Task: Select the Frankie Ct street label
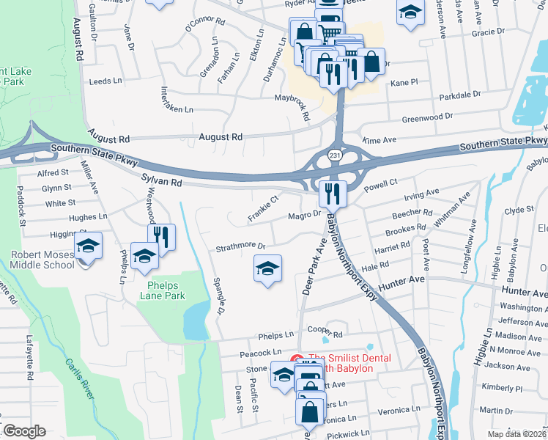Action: [264, 208]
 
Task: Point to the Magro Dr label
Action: [305, 214]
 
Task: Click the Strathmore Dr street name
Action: [240, 248]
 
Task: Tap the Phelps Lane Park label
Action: [163, 296]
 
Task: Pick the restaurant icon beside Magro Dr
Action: [333, 194]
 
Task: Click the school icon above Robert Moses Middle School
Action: [88, 245]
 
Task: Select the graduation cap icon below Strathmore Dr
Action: [267, 268]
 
